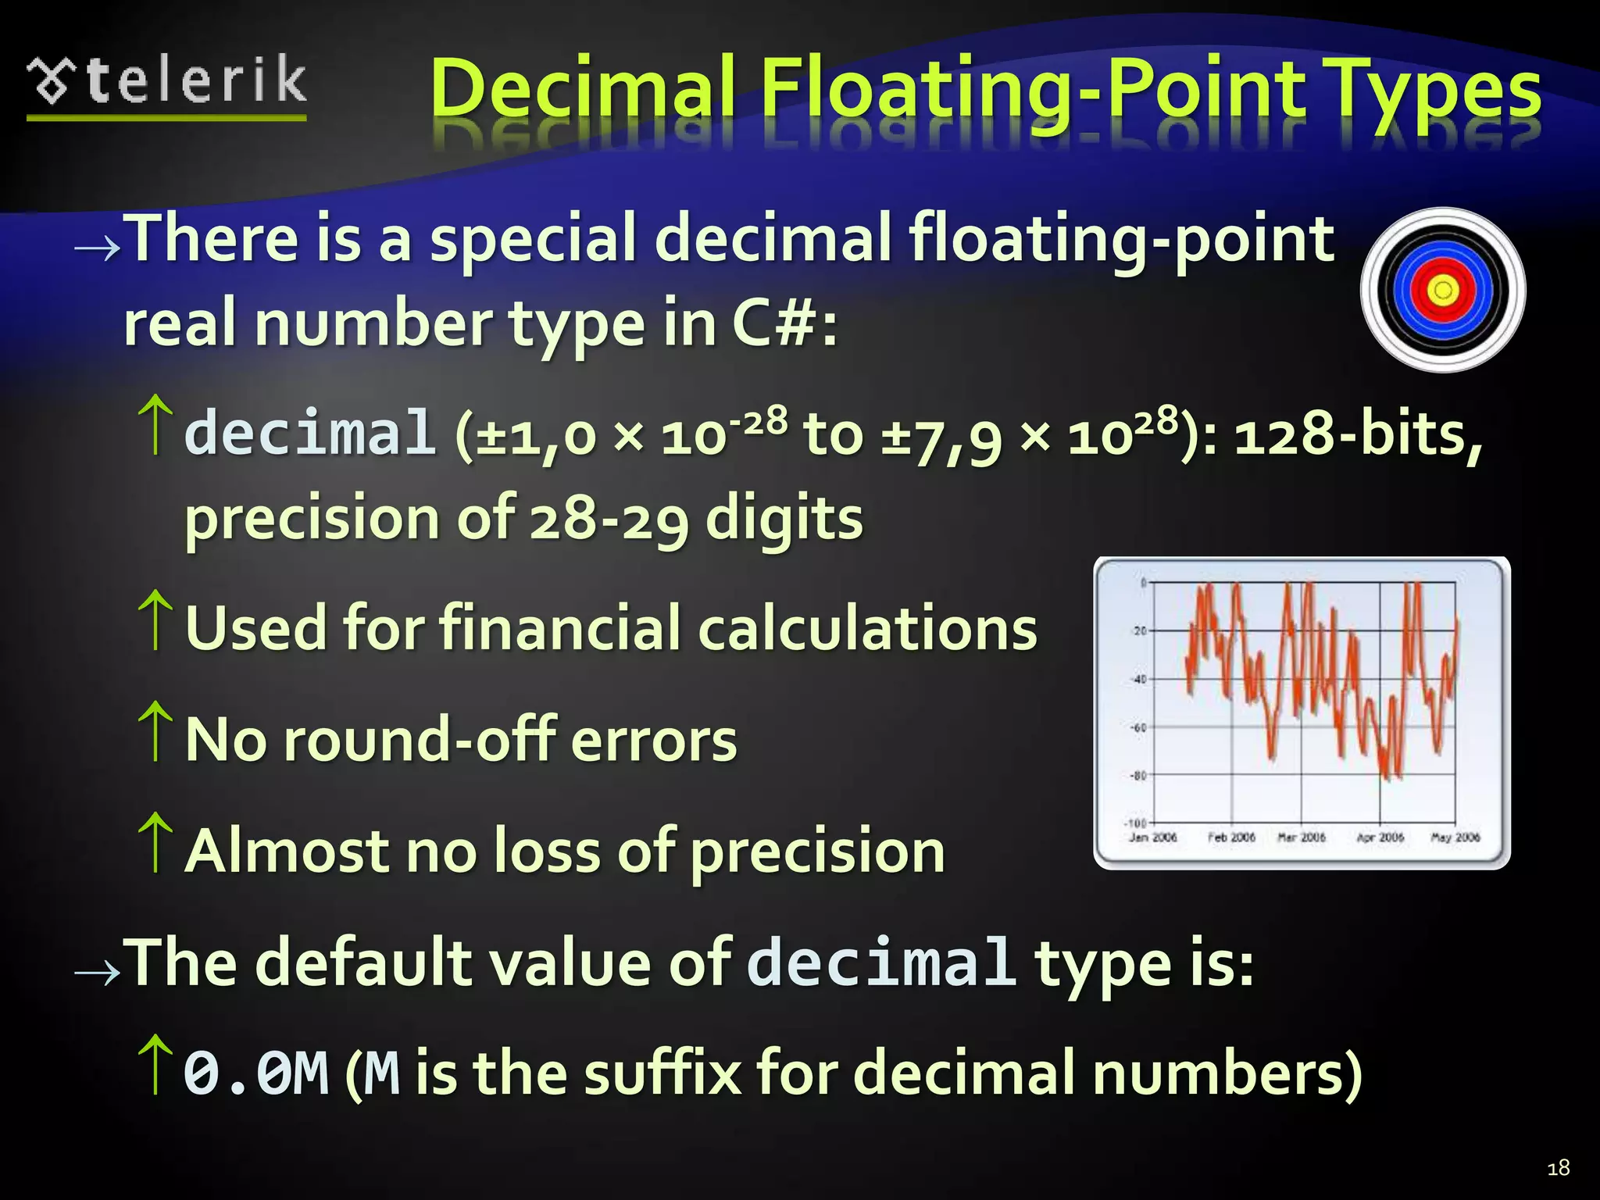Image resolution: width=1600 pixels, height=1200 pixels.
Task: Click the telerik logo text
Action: [x=195, y=81]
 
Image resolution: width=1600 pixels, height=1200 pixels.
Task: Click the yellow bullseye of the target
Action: [x=1443, y=291]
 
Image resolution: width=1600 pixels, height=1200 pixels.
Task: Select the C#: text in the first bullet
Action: [x=784, y=323]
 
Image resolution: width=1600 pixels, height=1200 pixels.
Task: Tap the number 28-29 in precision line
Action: [x=609, y=519]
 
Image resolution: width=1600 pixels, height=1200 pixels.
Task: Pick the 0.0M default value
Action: [x=256, y=1073]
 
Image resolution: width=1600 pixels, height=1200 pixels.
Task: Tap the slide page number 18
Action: [x=1558, y=1168]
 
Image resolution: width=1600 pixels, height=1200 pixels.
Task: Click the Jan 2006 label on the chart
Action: [x=1153, y=837]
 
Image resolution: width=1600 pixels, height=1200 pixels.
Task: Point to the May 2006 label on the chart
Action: [x=1455, y=837]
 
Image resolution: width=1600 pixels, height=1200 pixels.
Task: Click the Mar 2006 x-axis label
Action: [x=1302, y=837]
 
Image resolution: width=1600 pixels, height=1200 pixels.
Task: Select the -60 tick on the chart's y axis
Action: [x=1139, y=727]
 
